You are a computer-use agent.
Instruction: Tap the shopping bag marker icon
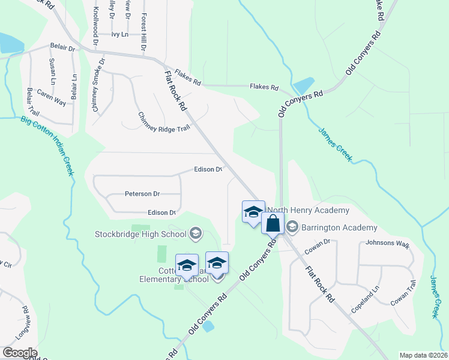click(273, 223)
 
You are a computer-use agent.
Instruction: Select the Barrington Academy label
click(339, 227)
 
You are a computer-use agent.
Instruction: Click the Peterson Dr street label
click(142, 194)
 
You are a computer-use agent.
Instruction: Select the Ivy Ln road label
click(120, 34)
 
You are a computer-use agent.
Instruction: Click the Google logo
click(19, 353)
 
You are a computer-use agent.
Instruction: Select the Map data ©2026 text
click(423, 355)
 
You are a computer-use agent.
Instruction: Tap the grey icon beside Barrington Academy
click(292, 227)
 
